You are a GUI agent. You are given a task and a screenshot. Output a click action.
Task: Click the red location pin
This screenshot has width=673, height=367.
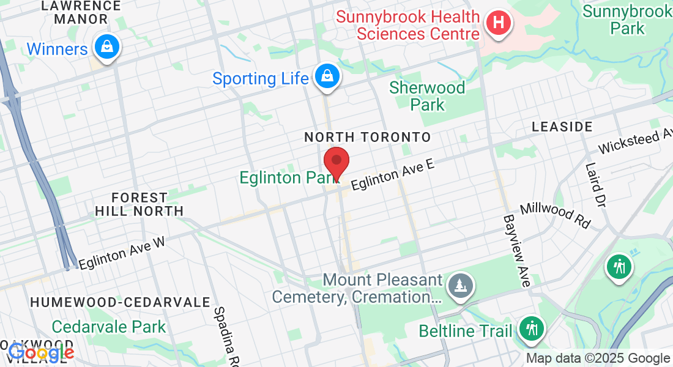click(336, 162)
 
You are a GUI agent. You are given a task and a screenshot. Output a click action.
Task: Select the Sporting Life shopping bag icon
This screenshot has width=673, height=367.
click(328, 76)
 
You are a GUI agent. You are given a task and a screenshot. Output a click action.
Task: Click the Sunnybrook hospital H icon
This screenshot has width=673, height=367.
click(499, 24)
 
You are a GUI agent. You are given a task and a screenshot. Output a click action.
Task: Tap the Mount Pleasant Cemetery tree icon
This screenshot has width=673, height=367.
click(459, 285)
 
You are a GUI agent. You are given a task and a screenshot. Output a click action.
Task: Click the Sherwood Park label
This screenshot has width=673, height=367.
click(428, 96)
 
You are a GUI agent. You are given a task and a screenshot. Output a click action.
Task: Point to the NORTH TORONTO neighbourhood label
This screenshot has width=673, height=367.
click(368, 137)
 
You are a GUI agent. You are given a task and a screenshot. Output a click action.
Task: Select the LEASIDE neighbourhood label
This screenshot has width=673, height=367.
click(562, 127)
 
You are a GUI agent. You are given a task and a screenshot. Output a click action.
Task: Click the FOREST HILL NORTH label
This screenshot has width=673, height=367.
click(139, 204)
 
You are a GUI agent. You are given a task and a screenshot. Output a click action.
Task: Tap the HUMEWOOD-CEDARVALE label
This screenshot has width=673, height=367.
click(121, 302)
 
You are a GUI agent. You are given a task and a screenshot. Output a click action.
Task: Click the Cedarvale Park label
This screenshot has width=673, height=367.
click(109, 327)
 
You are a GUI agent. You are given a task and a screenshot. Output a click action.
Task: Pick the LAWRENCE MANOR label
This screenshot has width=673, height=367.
click(81, 12)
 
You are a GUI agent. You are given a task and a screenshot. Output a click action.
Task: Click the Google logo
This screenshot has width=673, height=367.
click(41, 352)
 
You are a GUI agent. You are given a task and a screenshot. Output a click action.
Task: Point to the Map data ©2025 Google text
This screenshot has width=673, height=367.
click(598, 358)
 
